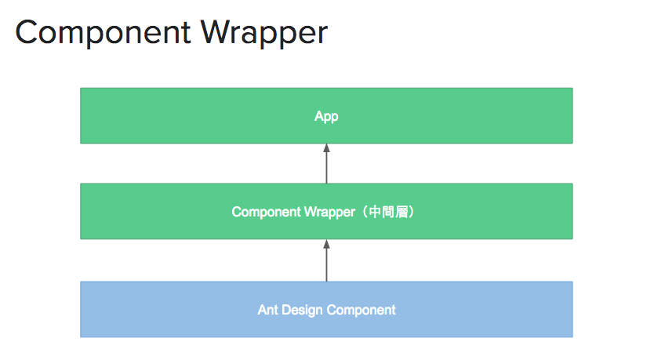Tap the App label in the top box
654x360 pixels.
point(326,116)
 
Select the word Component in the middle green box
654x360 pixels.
point(266,213)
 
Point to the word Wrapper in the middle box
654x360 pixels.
point(329,213)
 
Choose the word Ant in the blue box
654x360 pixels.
point(267,310)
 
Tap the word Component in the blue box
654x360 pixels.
point(362,311)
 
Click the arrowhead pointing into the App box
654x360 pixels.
point(326,147)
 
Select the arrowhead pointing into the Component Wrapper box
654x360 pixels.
point(326,244)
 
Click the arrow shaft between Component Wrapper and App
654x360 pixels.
point(326,168)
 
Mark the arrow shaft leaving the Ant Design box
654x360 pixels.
point(326,265)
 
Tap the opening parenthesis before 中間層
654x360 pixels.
point(364,212)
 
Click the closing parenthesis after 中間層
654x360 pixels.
point(412,212)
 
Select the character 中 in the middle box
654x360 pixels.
point(375,212)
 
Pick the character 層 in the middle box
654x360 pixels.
point(402,212)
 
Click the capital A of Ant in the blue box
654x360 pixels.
point(262,310)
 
